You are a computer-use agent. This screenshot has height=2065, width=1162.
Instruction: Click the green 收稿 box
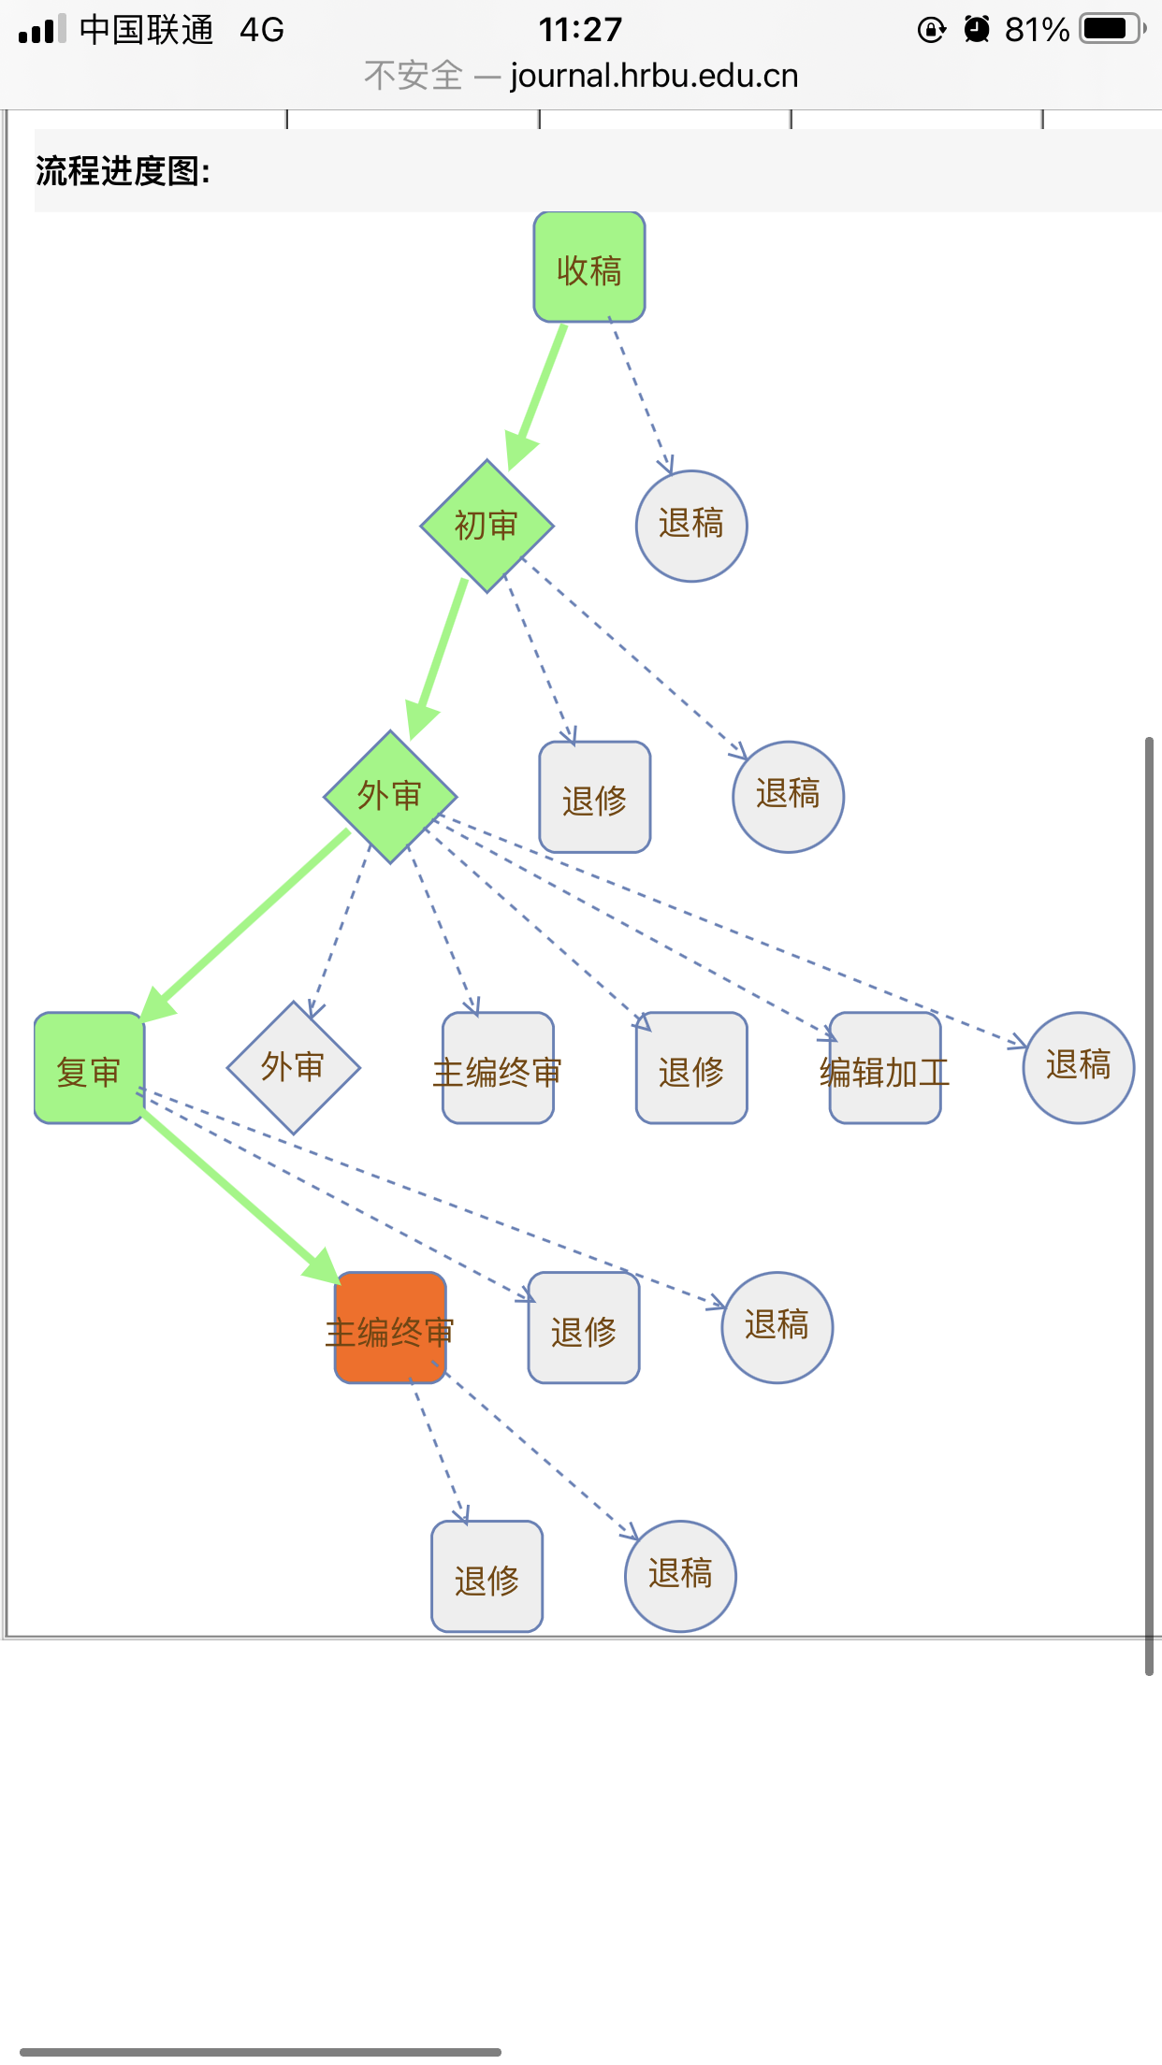(589, 267)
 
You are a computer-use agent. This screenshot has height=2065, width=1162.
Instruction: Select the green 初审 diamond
(487, 526)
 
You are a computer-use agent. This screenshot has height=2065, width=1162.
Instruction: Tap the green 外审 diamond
(390, 797)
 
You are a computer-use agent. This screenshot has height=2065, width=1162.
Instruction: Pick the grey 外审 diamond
(294, 1067)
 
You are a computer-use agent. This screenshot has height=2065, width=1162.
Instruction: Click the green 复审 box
(89, 1068)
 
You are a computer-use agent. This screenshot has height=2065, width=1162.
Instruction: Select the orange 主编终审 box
(390, 1328)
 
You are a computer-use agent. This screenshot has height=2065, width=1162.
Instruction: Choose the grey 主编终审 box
(499, 1068)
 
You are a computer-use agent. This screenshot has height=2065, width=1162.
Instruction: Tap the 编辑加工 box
(885, 1068)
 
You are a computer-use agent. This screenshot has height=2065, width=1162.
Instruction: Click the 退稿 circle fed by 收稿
(691, 526)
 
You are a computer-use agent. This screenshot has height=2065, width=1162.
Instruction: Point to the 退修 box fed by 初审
(595, 797)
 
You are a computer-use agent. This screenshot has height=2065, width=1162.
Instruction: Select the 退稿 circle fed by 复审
(777, 1328)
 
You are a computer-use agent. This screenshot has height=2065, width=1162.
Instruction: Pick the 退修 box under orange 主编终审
(487, 1577)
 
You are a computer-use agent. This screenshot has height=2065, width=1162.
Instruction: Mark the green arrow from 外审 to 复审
(245, 925)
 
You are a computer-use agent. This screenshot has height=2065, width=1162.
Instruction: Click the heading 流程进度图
(123, 171)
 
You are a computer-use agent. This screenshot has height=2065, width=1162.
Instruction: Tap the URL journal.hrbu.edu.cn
(654, 76)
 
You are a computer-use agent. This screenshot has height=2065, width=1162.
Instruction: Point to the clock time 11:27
(580, 30)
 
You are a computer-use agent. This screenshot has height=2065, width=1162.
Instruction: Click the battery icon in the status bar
(1113, 29)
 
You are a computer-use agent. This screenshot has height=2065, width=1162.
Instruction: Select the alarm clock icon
(977, 30)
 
